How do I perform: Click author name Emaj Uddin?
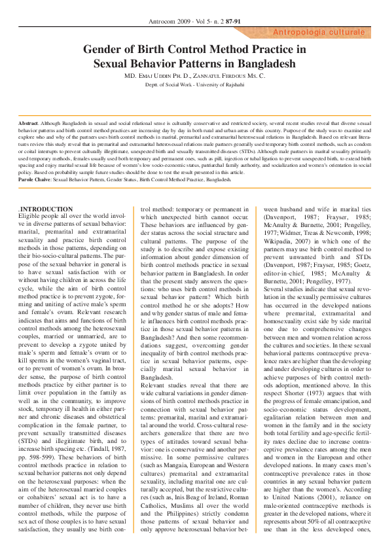[160, 76]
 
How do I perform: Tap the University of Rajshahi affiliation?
[209, 84]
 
